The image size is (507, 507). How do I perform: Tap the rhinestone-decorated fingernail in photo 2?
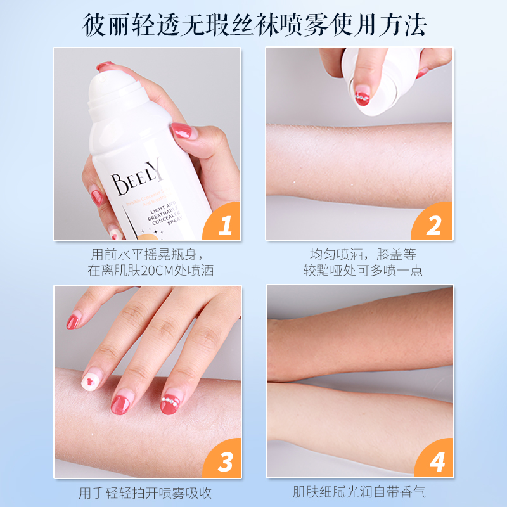pyautogui.click(x=362, y=97)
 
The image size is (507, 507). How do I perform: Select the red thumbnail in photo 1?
pyautogui.click(x=181, y=131)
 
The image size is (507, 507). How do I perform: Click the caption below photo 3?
pyautogui.click(x=146, y=492)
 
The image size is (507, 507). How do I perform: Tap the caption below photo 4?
pyautogui.click(x=359, y=492)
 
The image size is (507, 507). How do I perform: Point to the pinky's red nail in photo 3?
pyautogui.click(x=74, y=321)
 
